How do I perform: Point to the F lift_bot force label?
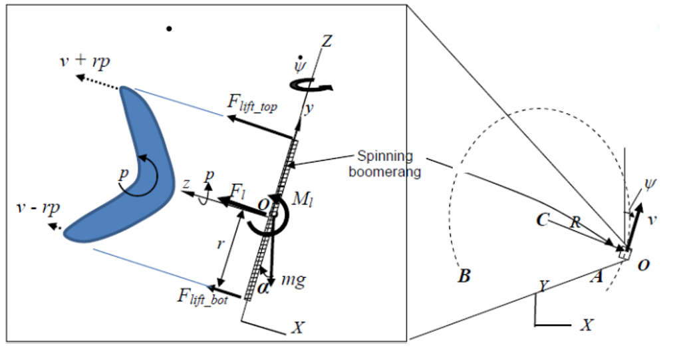(202, 297)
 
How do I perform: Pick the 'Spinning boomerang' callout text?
(385, 164)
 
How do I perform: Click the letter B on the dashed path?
(464, 275)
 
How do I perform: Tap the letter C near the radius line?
(543, 220)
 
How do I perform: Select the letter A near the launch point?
(597, 276)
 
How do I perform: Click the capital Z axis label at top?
(327, 41)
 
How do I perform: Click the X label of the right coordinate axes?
(587, 325)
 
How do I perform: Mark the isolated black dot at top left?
(170, 29)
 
